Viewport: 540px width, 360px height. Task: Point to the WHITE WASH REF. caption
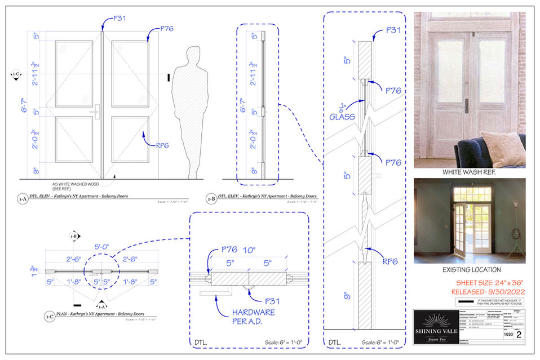click(469, 172)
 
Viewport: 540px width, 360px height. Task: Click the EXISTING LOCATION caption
click(469, 270)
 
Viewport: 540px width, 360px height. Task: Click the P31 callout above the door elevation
click(119, 19)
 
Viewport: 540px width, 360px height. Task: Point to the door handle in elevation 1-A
click(97, 111)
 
